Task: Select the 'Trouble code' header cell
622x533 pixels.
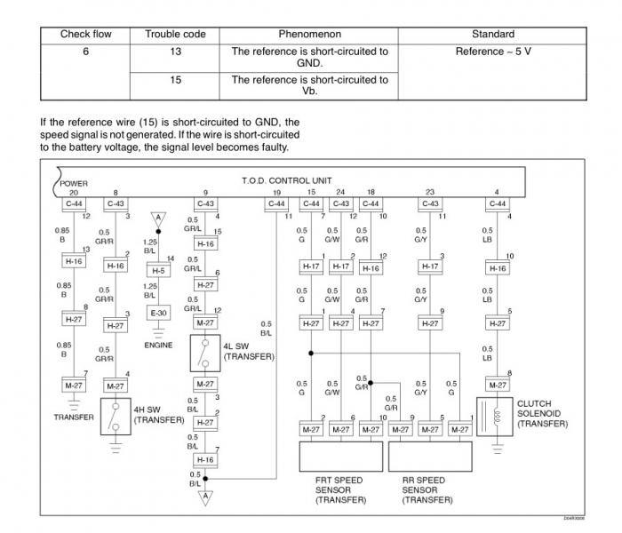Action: click(175, 34)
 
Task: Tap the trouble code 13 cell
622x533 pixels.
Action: click(175, 52)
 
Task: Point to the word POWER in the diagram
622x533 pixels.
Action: click(74, 184)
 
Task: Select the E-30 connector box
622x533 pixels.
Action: click(158, 313)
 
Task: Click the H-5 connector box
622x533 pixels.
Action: click(158, 270)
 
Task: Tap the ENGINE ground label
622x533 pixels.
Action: click(158, 345)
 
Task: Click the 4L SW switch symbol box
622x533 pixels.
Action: click(205, 354)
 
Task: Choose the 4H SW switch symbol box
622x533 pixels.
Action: click(116, 418)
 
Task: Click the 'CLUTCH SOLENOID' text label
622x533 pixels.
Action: click(542, 413)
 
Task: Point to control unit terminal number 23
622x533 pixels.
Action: click(430, 192)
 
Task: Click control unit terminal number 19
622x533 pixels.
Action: click(277, 192)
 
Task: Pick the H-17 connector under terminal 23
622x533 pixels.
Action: click(430, 266)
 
